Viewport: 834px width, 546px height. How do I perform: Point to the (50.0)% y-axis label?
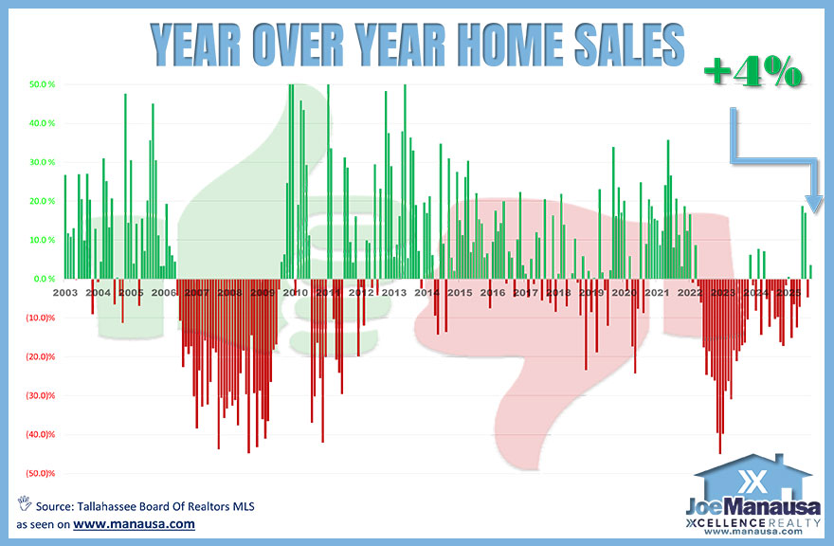(40, 473)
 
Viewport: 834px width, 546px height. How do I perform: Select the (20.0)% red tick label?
(40, 356)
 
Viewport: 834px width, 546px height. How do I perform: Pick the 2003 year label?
(65, 293)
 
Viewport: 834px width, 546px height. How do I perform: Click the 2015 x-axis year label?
(460, 293)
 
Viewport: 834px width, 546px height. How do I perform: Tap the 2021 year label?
(657, 293)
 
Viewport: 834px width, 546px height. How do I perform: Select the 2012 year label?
(361, 293)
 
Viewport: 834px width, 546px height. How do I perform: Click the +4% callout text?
(754, 73)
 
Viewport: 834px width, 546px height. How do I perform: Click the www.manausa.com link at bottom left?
(134, 522)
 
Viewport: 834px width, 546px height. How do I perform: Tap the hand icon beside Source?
(24, 503)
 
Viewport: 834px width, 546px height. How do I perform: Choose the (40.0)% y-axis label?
(40, 434)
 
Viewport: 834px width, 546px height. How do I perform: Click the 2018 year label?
(558, 293)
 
